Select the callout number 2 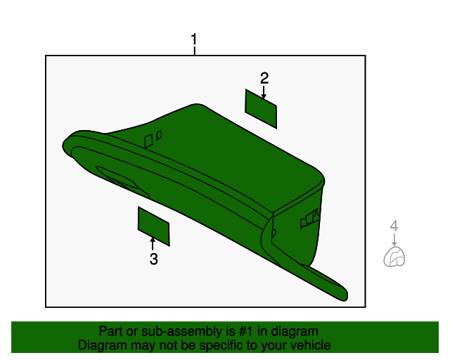[x=264, y=77]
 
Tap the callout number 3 [x=153, y=259]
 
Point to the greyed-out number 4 [x=394, y=226]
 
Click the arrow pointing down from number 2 [x=264, y=92]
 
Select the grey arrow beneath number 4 [x=394, y=239]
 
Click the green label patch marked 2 [x=261, y=108]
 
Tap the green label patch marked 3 [x=153, y=226]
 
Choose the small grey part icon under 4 [x=394, y=258]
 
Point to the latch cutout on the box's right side [x=310, y=220]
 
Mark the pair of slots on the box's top [x=153, y=139]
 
